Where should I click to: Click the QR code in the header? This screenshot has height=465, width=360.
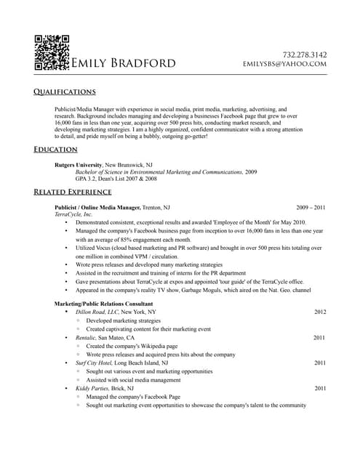pyautogui.click(x=52, y=52)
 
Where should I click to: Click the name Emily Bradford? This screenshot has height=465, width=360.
pyautogui.click(x=123, y=63)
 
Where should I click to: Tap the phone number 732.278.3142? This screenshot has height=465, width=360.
pyautogui.click(x=305, y=54)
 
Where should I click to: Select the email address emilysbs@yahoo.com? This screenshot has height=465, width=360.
pyautogui.click(x=285, y=64)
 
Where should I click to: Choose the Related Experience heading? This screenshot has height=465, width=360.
pyautogui.click(x=73, y=192)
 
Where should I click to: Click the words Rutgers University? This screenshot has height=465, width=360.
pyautogui.click(x=79, y=165)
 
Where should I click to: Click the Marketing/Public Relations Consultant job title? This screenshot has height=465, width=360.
pyautogui.click(x=103, y=303)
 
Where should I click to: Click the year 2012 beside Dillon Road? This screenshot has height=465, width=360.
pyautogui.click(x=320, y=312)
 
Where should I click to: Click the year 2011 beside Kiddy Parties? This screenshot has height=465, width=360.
pyautogui.click(x=320, y=388)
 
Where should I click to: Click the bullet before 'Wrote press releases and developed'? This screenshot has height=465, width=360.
pyautogui.click(x=66, y=265)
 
